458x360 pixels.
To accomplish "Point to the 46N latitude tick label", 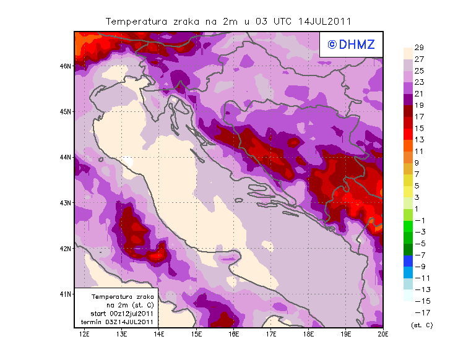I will [66, 66].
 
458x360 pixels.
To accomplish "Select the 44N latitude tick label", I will [66, 157].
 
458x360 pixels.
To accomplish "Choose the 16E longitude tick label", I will [234, 334].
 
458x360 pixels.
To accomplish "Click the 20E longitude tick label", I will [383, 334].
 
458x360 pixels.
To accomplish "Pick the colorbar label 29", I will [419, 48].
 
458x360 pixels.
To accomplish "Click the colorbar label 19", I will [419, 105].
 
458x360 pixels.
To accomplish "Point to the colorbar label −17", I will [419, 312].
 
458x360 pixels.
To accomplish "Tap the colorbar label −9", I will [419, 267].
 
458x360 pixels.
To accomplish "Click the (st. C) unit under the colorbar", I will [421, 325].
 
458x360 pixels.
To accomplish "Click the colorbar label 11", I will [419, 152].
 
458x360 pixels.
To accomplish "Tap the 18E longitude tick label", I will [309, 334].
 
